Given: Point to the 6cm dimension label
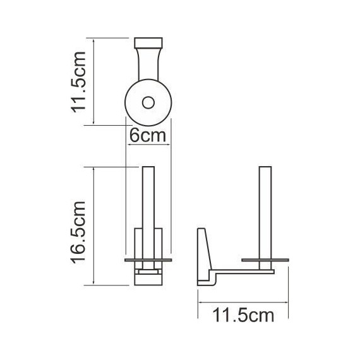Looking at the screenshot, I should coord(148,136).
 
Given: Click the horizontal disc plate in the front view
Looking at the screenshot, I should coord(149,260).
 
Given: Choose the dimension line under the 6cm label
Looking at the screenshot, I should coord(149,145).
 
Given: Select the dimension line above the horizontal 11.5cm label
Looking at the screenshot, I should coord(244,301).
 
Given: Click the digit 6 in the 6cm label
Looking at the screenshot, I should coord(135,136).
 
